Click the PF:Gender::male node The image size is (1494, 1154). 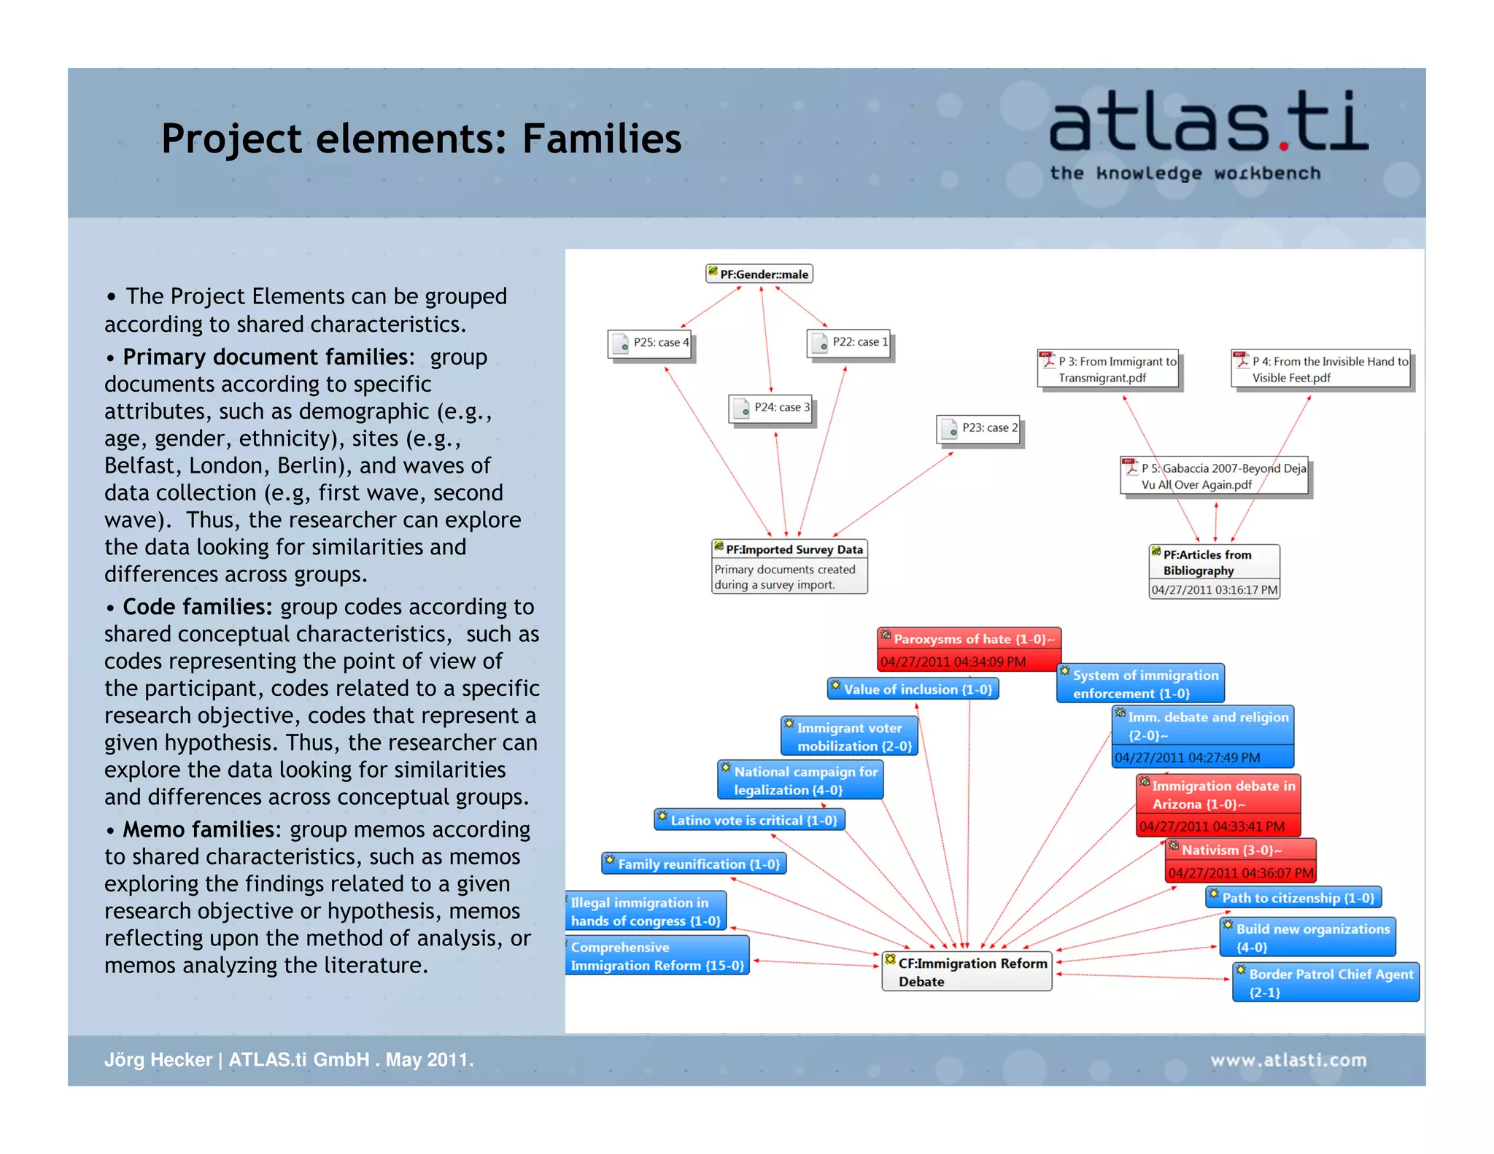pos(759,274)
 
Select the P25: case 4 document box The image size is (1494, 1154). pos(650,343)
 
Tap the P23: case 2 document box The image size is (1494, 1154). pos(978,428)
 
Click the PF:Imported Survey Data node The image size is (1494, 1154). pos(789,567)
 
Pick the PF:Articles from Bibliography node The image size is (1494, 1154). pos(1214,571)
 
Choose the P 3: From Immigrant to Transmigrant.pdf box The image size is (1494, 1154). pos(1107,370)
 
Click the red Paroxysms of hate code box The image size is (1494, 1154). pos(968,649)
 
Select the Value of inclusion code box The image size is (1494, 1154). pos(913,689)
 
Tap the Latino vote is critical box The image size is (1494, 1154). pos(749,821)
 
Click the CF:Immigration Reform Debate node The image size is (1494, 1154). pos(967,972)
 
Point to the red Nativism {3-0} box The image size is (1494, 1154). pos(1240,860)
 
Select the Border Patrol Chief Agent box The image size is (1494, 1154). pos(1325,983)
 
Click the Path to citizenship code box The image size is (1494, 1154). pos(1293,898)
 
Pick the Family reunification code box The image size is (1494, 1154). pos(694,864)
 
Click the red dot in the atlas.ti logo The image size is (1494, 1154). pos(1284,147)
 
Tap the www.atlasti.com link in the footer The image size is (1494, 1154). pos(1288,1060)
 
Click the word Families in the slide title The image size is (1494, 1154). pos(601,139)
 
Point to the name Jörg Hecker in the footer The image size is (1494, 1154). pos(158,1060)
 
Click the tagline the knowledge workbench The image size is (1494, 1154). pos(1185,174)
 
